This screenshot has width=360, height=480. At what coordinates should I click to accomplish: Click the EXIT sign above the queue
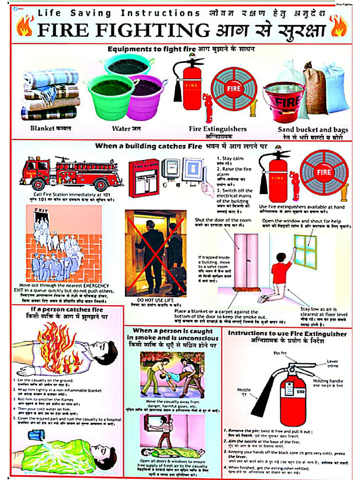pyautogui.click(x=41, y=210)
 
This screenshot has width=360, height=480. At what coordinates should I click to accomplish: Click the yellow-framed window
pyautogui.click(x=305, y=252)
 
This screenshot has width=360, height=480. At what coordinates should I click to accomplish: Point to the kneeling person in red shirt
pyautogui.click(x=277, y=277)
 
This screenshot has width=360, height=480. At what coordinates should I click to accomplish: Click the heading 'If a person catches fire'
pyautogui.click(x=67, y=310)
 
